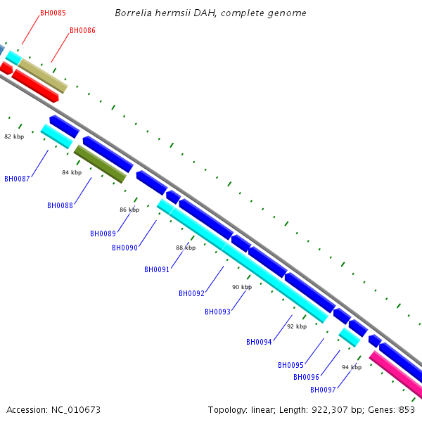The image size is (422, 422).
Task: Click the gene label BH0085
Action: pos(53,13)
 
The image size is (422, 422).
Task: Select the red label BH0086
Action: pos(82,30)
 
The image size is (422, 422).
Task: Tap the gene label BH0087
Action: pos(17,179)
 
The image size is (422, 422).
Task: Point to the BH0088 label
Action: pos(60,205)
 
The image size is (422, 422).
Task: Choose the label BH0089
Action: pos(103,234)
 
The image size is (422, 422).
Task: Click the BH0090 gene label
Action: pos(124,248)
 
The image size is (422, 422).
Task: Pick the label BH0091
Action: pos(157,269)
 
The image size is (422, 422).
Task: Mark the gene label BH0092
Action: pos(191,293)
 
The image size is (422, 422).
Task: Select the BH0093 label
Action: pos(217,312)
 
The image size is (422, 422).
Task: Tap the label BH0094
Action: pos(259,342)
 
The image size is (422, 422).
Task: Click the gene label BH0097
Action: pos(323,390)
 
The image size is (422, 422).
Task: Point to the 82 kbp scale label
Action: pos(14,136)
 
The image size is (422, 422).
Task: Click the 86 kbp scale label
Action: pos(129,210)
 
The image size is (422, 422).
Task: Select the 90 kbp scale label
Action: pos(241,287)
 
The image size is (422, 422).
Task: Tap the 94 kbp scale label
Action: pos(352,367)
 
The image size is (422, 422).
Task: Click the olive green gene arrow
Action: pos(100,164)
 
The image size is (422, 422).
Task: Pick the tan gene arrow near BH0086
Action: pos(43,76)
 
